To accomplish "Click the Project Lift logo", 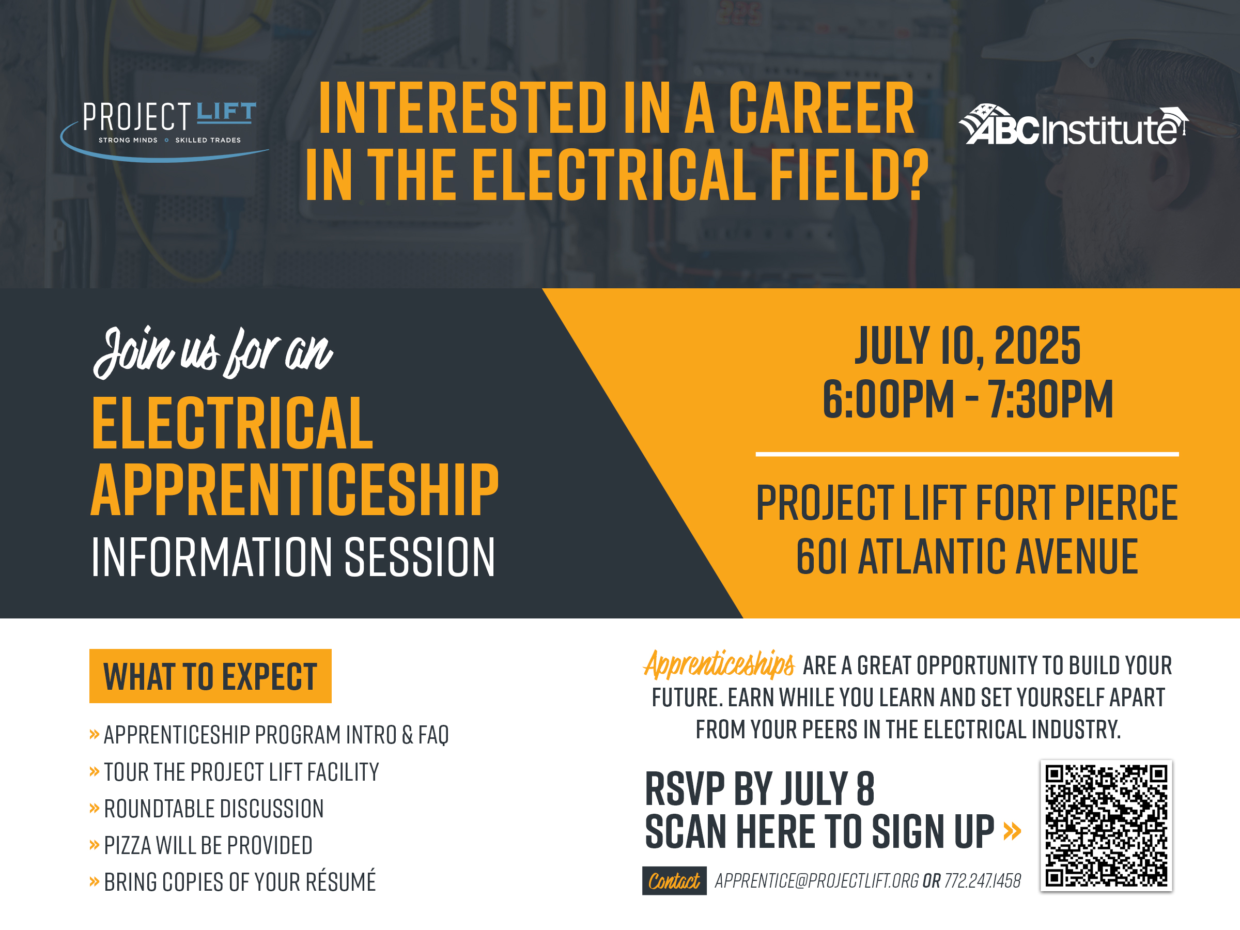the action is pyautogui.click(x=164, y=131).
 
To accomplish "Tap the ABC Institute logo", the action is pyautogui.click(x=1073, y=125).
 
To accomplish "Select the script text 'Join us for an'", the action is pyautogui.click(x=213, y=352).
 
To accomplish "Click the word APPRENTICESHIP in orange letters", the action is pyautogui.click(x=295, y=489).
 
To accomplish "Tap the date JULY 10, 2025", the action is pyautogui.click(x=967, y=346).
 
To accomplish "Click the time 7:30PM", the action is pyautogui.click(x=1050, y=399).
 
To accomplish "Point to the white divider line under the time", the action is pyautogui.click(x=967, y=454).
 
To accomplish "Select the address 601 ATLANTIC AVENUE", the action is pyautogui.click(x=967, y=556).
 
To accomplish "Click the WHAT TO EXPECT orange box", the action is pyautogui.click(x=210, y=676).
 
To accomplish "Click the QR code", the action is pyautogui.click(x=1106, y=826).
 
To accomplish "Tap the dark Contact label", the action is pyautogui.click(x=674, y=881).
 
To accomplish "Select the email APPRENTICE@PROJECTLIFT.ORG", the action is pyautogui.click(x=817, y=881).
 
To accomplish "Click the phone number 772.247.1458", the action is pyautogui.click(x=983, y=881).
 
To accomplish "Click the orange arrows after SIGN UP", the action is pyautogui.click(x=1012, y=831).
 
